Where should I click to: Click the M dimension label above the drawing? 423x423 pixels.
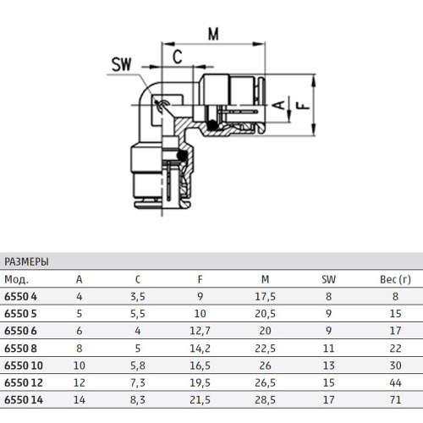(x=213, y=35)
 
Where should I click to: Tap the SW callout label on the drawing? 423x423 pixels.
(x=122, y=64)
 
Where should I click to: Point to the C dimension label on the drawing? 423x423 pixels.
(x=178, y=57)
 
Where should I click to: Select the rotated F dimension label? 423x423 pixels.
(x=303, y=106)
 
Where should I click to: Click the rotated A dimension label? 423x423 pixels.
(x=279, y=105)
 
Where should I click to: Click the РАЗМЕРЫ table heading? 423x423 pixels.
(x=26, y=261)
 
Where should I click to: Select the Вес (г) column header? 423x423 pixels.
(x=395, y=279)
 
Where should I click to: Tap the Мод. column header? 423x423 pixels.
(x=16, y=279)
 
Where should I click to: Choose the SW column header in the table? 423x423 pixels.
(x=328, y=279)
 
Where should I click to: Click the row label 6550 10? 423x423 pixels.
(x=24, y=365)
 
